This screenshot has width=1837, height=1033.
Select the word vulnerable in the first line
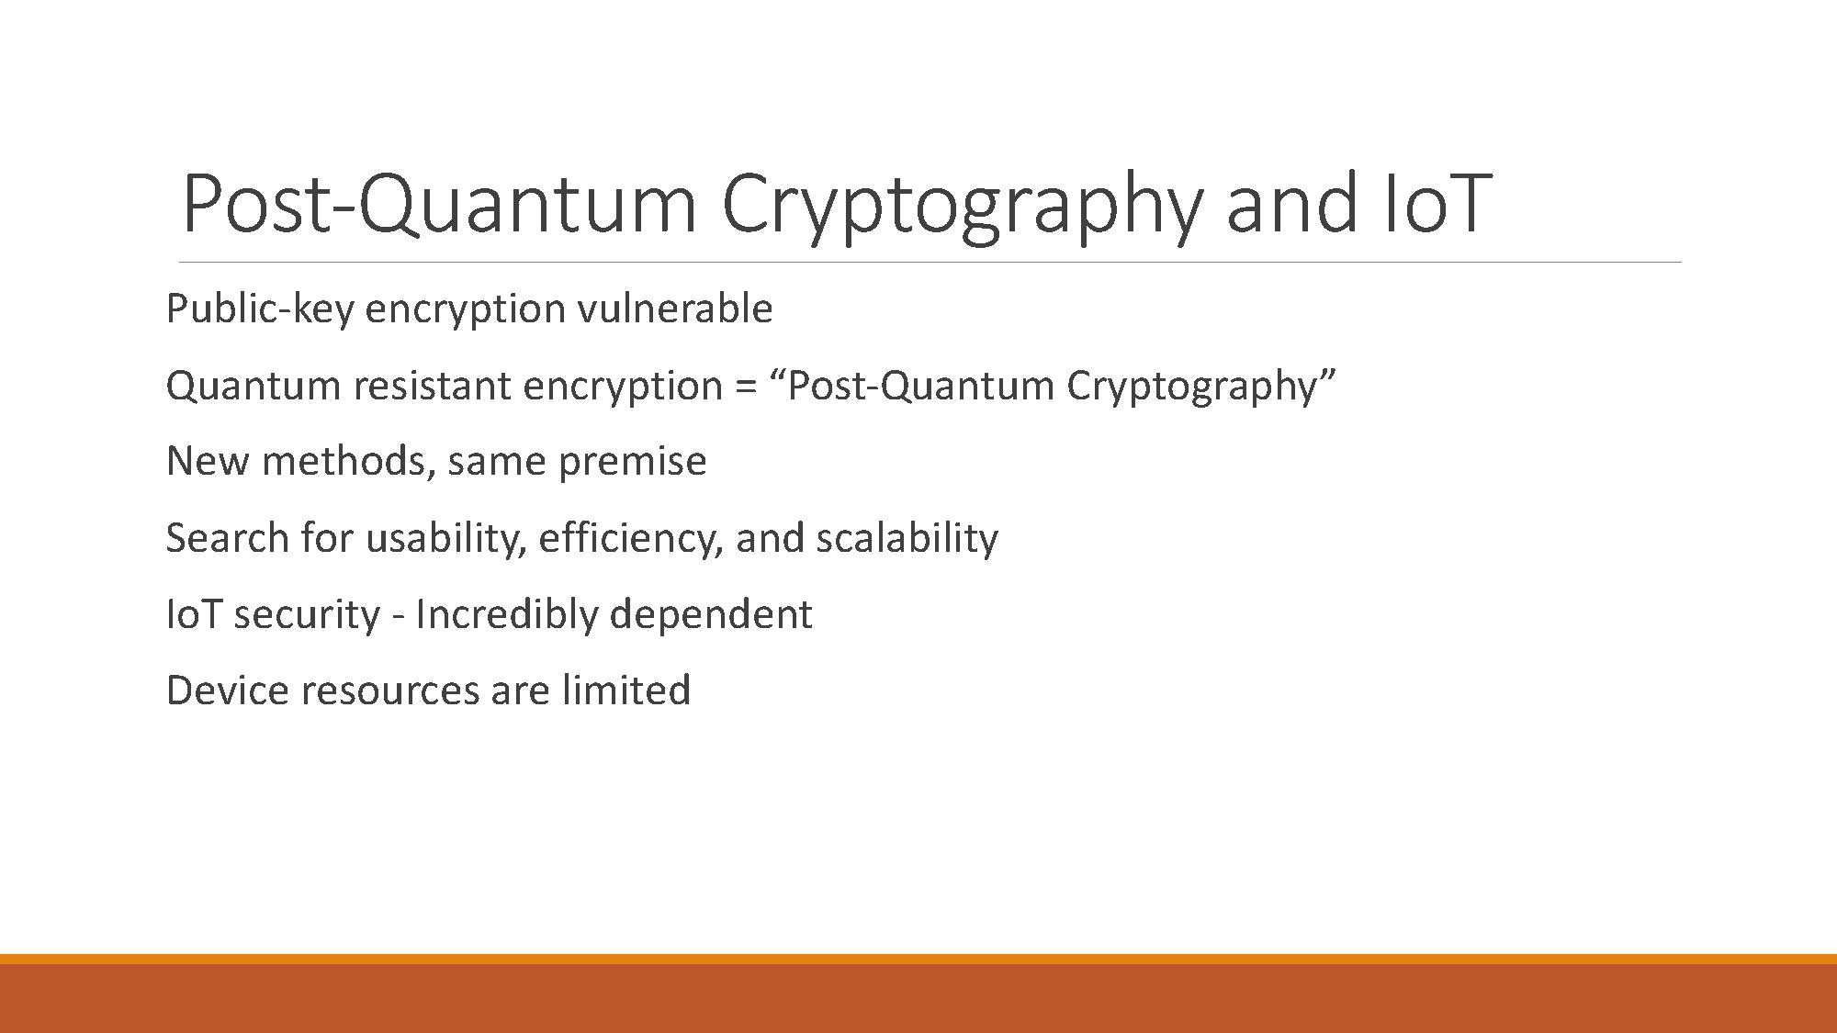click(x=674, y=309)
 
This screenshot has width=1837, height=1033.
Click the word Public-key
click(x=259, y=309)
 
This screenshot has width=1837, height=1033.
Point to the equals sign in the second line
click(x=746, y=387)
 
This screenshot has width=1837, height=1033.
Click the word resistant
click(x=432, y=386)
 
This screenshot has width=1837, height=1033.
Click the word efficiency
click(x=630, y=539)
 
